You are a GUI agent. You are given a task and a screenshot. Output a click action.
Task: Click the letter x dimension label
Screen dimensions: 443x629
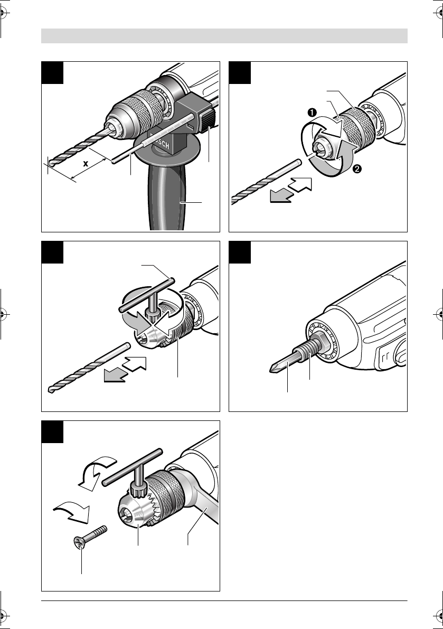pyautogui.click(x=86, y=164)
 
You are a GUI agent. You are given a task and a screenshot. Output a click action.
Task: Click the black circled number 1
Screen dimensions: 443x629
pyautogui.click(x=312, y=112)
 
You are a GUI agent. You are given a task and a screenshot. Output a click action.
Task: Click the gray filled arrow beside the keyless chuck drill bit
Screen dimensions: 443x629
pyautogui.click(x=281, y=196)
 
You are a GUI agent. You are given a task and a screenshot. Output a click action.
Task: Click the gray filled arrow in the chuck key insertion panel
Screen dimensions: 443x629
pyautogui.click(x=115, y=375)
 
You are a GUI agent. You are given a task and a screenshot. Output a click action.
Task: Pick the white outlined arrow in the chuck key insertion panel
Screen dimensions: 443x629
pyautogui.click(x=134, y=363)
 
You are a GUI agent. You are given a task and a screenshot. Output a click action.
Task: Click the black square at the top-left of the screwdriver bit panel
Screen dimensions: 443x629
pyautogui.click(x=240, y=252)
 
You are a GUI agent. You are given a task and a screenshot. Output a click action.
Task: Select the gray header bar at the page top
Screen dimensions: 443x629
pyautogui.click(x=224, y=36)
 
